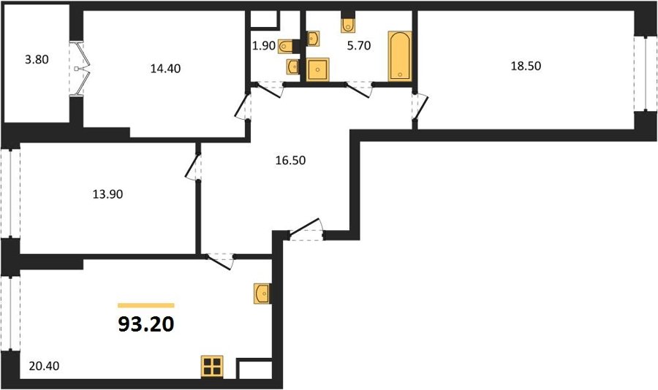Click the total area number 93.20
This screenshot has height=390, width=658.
pyautogui.click(x=146, y=324)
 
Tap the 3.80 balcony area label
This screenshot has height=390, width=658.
pyautogui.click(x=37, y=60)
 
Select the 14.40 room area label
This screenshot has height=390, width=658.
pyautogui.click(x=165, y=69)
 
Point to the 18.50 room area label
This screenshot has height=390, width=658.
pyautogui.click(x=526, y=66)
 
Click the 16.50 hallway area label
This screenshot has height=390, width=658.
pyautogui.click(x=290, y=160)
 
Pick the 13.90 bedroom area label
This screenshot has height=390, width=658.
pyautogui.click(x=108, y=194)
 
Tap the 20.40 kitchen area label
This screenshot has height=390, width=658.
pyautogui.click(x=44, y=366)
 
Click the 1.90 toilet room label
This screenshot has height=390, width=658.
pyautogui.click(x=263, y=46)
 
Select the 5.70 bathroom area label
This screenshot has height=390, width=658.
pyautogui.click(x=359, y=45)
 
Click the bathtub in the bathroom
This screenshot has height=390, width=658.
pyautogui.click(x=400, y=56)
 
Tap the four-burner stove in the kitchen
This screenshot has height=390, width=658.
pyautogui.click(x=212, y=366)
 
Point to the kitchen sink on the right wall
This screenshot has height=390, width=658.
pyautogui.click(x=262, y=293)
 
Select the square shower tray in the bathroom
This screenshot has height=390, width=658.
pyautogui.click(x=318, y=69)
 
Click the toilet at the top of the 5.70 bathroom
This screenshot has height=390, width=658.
pyautogui.click(x=348, y=25)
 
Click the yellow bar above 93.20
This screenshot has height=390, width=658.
pyautogui.click(x=146, y=305)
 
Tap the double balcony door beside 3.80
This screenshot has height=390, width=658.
pyautogui.click(x=80, y=69)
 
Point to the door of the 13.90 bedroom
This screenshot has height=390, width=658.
pyautogui.click(x=193, y=167)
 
